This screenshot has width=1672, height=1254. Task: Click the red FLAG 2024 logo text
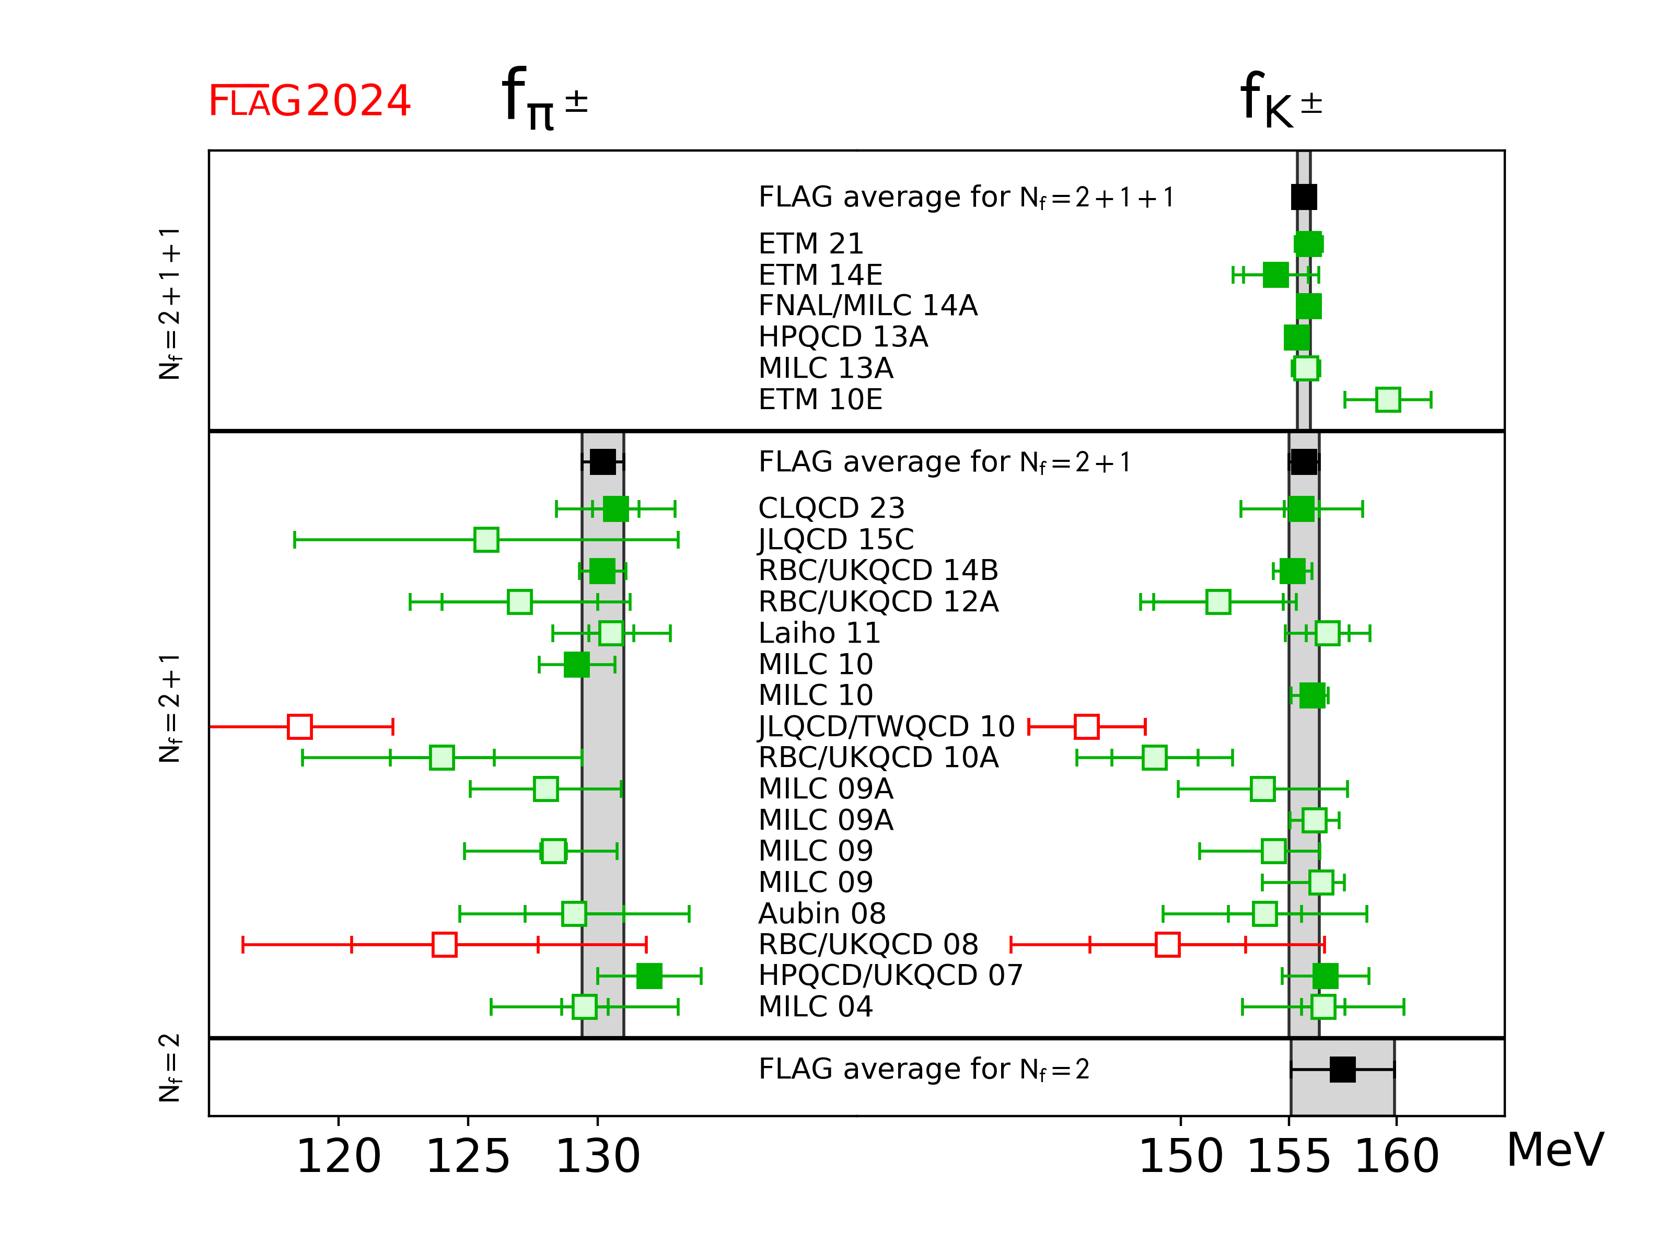pyautogui.click(x=309, y=101)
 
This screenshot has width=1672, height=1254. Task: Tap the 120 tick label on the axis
pyautogui.click(x=338, y=1156)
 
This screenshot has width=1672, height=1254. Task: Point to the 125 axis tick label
pyautogui.click(x=468, y=1156)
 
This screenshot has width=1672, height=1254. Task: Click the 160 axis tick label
pyautogui.click(x=1396, y=1156)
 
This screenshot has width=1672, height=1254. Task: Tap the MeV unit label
pyautogui.click(x=1555, y=1151)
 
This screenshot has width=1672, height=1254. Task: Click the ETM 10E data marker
pyautogui.click(x=1388, y=400)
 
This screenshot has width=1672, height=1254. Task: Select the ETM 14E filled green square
pyautogui.click(x=1275, y=275)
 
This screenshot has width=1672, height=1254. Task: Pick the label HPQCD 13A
pyautogui.click(x=843, y=337)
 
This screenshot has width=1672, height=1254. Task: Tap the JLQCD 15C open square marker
pyautogui.click(x=486, y=540)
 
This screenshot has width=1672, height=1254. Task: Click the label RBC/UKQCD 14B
pyautogui.click(x=878, y=571)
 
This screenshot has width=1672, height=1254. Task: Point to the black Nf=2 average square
pyautogui.click(x=1342, y=1070)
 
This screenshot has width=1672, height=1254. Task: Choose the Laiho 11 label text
pyautogui.click(x=819, y=633)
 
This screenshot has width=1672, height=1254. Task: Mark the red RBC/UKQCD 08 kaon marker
pyautogui.click(x=1168, y=945)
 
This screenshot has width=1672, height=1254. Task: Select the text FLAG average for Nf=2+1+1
pyautogui.click(x=966, y=198)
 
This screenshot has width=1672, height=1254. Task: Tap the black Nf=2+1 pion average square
pyautogui.click(x=602, y=462)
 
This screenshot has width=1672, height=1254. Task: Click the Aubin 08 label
pyautogui.click(x=822, y=914)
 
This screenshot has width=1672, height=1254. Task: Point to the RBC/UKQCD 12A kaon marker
pyautogui.click(x=1218, y=602)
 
